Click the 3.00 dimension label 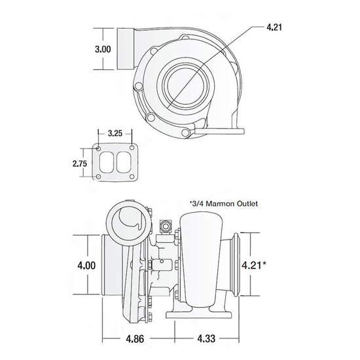(102, 49)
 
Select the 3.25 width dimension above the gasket (115, 133)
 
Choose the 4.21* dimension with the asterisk (256, 266)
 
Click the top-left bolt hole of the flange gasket (99, 149)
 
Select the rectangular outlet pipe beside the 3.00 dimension (126, 49)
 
